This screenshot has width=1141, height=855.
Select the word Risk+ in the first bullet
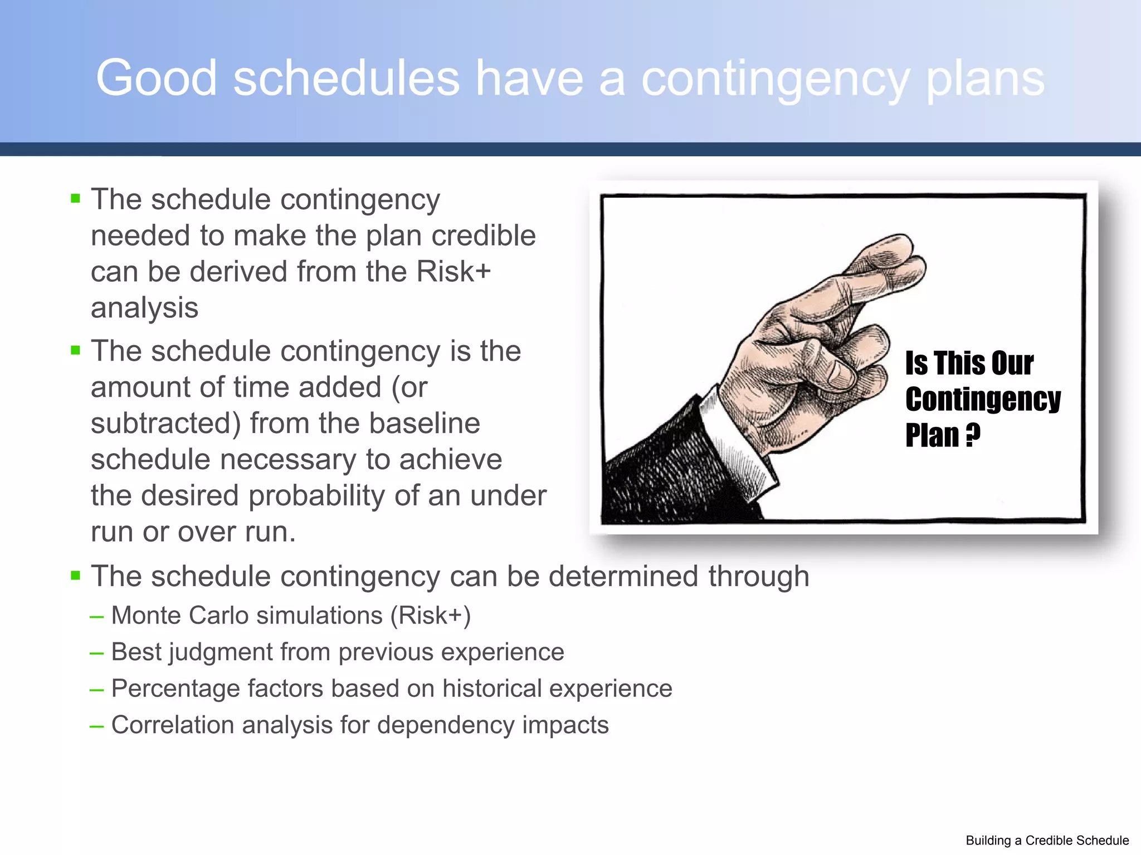point(454,272)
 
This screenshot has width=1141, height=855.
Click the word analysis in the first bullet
point(144,308)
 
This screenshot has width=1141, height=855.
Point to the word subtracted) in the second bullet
point(165,424)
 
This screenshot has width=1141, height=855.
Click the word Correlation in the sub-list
point(172,725)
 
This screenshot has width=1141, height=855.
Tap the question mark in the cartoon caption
point(973,435)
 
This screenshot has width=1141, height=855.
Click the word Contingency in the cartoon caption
point(983,399)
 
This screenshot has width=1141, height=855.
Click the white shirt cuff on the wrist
point(735,440)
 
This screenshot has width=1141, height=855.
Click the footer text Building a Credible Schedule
point(1047,841)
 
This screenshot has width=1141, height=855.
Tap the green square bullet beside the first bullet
point(76,198)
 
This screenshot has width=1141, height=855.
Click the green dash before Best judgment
point(96,653)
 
